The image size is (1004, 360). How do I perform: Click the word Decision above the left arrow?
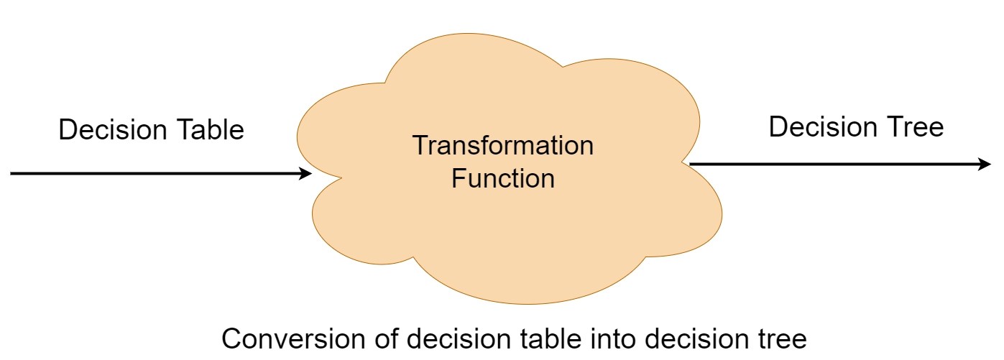[112, 130]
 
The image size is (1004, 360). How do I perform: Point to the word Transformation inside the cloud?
[502, 145]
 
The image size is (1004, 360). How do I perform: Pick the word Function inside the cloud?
[503, 177]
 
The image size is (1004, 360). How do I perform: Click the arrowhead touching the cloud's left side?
[305, 173]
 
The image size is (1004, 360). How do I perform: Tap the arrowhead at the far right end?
[985, 165]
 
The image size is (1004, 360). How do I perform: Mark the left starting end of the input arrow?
[13, 173]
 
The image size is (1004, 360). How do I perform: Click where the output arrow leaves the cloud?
[691, 165]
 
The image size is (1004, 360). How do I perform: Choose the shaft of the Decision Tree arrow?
[834, 165]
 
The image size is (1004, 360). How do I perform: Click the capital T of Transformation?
[420, 145]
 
